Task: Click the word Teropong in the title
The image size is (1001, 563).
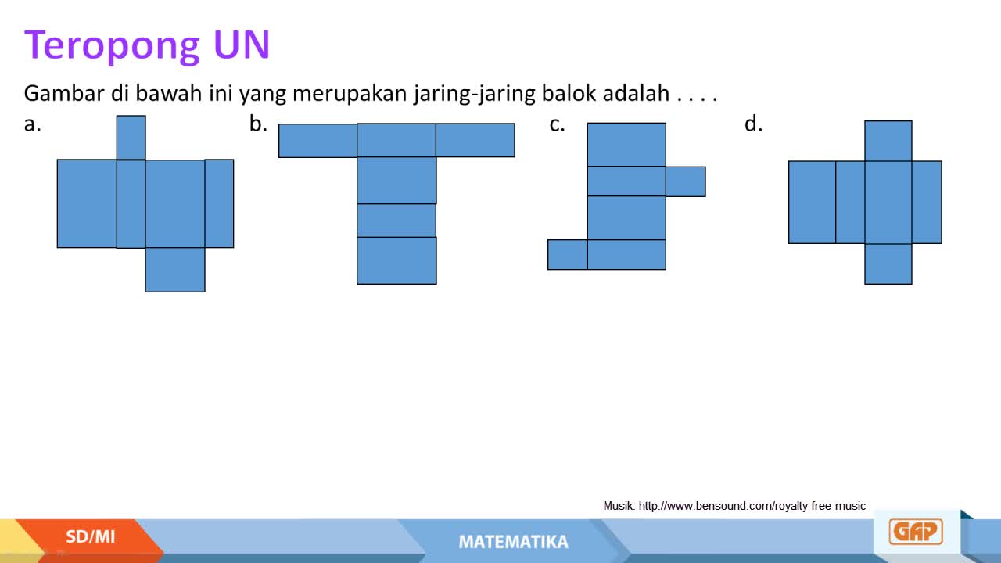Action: coord(112,46)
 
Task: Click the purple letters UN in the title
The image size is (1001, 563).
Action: coord(242,44)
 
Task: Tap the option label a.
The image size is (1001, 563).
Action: coord(33,124)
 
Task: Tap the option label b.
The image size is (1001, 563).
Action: coord(258,124)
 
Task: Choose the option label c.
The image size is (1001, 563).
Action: coord(558,124)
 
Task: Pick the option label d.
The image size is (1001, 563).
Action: coord(753,124)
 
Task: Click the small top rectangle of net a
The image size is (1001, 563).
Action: coord(131,138)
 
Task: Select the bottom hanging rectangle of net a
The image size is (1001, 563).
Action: coord(175,270)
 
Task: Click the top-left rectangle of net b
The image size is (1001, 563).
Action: coord(318,141)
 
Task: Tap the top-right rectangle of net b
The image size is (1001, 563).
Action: coord(475,140)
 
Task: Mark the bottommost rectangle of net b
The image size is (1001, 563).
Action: coord(396,260)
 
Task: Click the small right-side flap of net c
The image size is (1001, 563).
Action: coord(686,181)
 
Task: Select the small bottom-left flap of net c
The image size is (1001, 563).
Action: coord(568,255)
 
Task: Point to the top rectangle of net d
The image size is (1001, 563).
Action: coord(888,141)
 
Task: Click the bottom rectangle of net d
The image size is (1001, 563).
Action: coord(888,264)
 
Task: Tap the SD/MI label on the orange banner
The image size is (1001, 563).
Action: coord(90,536)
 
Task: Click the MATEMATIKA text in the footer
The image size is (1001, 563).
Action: coord(514,542)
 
